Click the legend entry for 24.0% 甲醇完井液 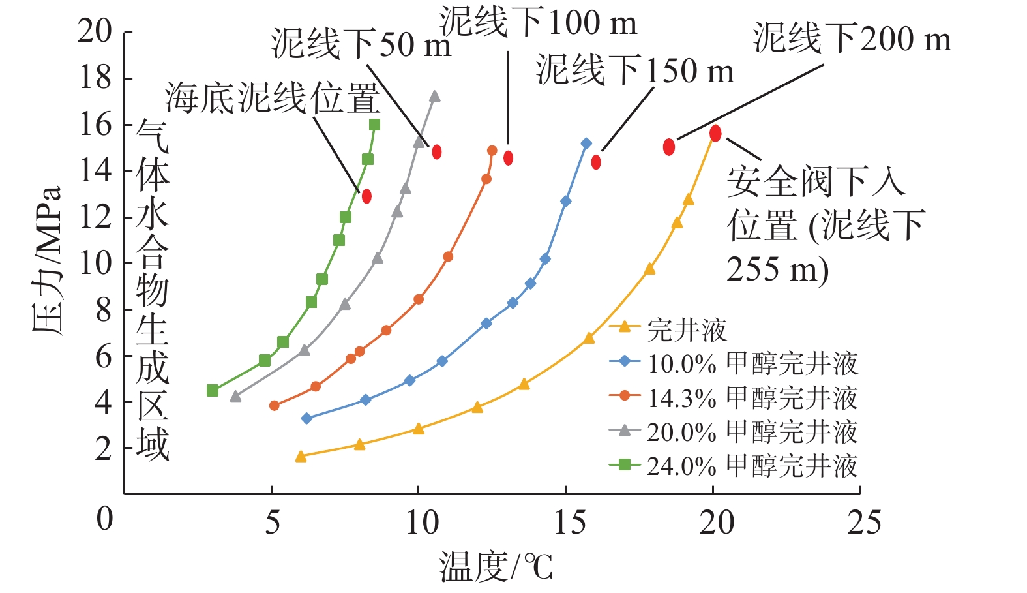point(734,465)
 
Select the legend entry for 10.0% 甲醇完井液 point(734,363)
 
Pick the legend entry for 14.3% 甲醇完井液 point(734,397)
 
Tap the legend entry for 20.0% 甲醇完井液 point(734,431)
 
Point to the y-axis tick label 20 point(95,31)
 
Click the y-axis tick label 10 point(95,263)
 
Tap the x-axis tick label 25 point(864,523)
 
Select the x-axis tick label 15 point(569,523)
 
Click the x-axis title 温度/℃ point(496,566)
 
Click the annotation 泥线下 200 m point(852,38)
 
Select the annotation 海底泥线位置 point(273,98)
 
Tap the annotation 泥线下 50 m point(361,44)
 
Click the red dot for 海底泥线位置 point(366,196)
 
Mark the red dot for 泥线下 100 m point(508,158)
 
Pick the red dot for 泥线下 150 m point(596,162)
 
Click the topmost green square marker point(374,125)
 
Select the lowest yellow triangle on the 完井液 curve point(301,457)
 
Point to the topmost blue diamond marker point(586,144)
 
